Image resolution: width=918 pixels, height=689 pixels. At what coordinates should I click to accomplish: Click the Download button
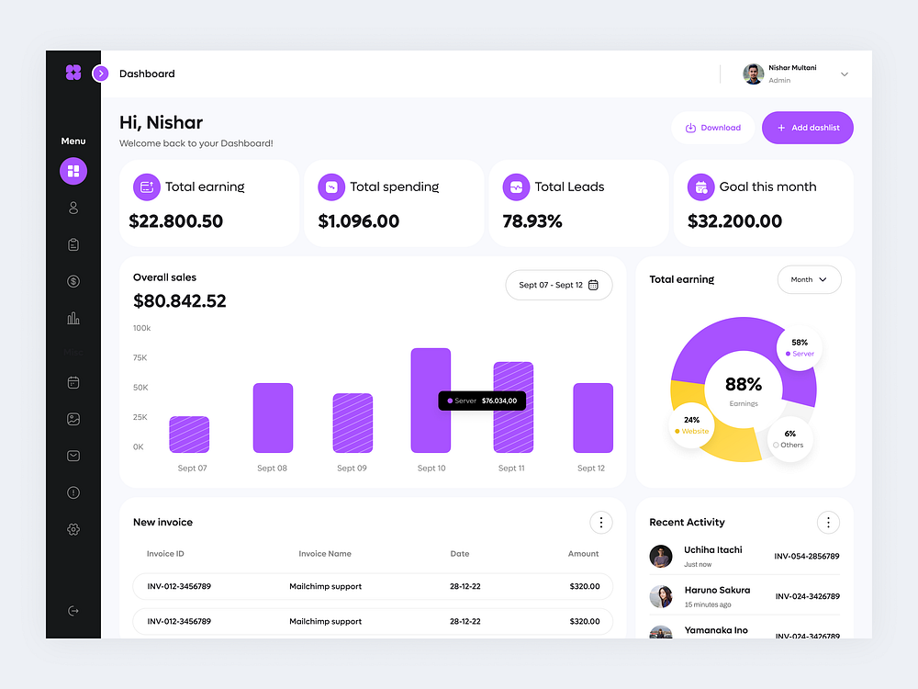[x=713, y=128]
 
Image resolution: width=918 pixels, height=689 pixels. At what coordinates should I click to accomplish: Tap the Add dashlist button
[x=808, y=128]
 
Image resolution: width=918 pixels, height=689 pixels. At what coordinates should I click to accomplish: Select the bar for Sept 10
[x=431, y=400]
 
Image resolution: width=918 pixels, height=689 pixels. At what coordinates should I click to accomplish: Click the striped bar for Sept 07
[x=189, y=435]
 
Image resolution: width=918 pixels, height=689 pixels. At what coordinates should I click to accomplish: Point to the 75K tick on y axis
[x=140, y=357]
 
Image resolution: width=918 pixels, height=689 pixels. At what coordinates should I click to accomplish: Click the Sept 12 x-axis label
[x=591, y=469]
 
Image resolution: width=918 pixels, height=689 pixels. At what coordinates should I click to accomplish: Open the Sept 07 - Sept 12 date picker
[x=558, y=285]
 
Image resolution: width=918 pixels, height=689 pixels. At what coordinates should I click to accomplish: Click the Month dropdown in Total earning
[x=809, y=279]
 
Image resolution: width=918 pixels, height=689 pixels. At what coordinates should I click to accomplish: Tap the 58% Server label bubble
[x=799, y=347]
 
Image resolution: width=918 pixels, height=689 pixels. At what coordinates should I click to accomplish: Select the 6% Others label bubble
[x=789, y=439]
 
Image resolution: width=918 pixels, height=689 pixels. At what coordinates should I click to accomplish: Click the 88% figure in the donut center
[x=744, y=384]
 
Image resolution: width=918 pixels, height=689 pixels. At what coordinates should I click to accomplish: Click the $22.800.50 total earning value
[x=176, y=221]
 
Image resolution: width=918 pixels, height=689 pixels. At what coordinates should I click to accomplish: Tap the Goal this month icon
[x=700, y=186]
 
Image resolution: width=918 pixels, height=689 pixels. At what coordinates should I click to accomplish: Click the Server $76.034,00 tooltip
[x=482, y=401]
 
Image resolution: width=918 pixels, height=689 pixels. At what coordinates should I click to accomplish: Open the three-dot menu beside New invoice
[x=600, y=522]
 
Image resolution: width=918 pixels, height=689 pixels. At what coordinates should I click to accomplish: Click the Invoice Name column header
[x=325, y=554]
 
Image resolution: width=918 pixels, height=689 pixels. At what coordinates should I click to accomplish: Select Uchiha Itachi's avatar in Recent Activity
[x=661, y=556]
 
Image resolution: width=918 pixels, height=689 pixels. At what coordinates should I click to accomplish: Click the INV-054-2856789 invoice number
[x=807, y=556]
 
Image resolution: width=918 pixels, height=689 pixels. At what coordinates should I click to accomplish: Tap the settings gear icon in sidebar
[x=73, y=529]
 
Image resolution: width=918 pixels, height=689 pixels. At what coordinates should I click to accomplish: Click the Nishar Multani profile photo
[x=753, y=73]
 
